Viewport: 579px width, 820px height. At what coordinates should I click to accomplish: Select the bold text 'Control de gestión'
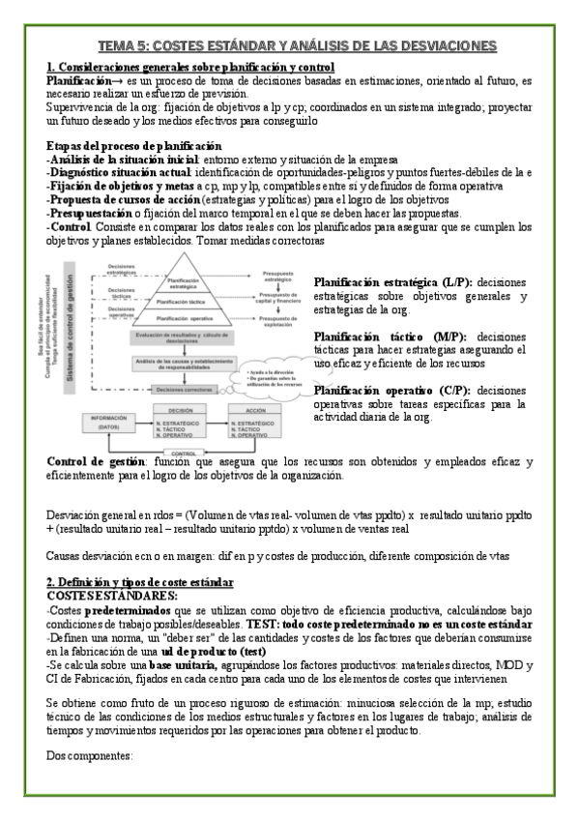point(98,462)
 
